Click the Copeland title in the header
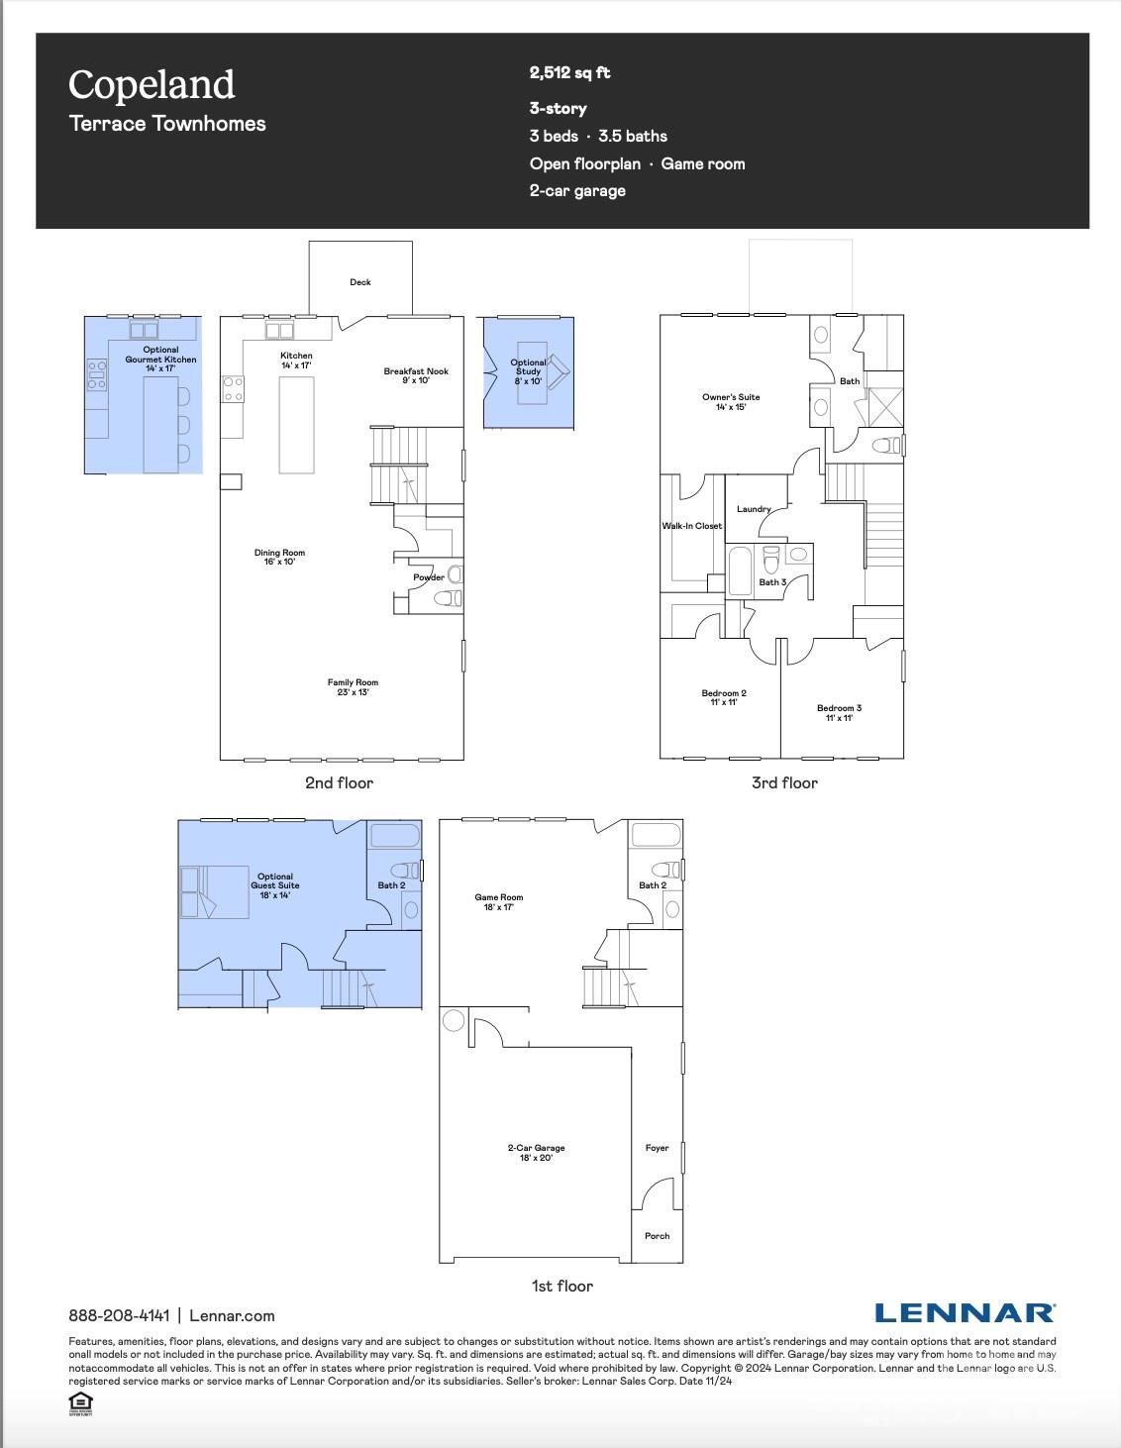coord(152,85)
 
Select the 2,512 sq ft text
coord(569,72)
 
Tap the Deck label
coord(360,282)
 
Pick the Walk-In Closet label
coord(691,526)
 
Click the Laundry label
coord(754,509)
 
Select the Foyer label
coord(657,1148)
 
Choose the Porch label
coord(657,1236)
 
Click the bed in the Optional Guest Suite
coord(213,891)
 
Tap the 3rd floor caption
coord(784,782)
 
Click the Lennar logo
coord(965,1313)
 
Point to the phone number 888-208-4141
coord(119,1315)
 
